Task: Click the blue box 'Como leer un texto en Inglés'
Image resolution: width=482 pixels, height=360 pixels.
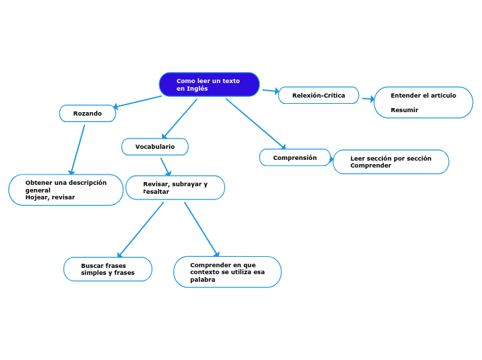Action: [x=209, y=84]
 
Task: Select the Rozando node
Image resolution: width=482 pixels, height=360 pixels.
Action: [x=88, y=114]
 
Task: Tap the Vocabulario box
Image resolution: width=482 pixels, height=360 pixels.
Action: [x=155, y=147]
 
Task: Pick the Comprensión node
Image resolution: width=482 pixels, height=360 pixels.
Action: [x=295, y=158]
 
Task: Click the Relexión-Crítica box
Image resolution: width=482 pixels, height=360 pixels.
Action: [x=319, y=96]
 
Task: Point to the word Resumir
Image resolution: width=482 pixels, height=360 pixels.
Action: [x=404, y=110]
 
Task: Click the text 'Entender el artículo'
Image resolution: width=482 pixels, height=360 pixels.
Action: [x=423, y=96]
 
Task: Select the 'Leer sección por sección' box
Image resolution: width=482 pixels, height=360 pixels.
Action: [x=391, y=162]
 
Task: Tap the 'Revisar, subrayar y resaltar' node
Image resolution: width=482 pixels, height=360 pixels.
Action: [x=175, y=188]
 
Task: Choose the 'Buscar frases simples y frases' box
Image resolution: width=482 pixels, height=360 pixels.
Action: [x=107, y=269]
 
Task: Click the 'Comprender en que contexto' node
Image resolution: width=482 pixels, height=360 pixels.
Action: [x=227, y=272]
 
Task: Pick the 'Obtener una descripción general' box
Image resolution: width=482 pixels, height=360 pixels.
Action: [x=66, y=190]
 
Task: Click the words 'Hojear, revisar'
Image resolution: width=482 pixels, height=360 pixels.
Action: [x=50, y=197]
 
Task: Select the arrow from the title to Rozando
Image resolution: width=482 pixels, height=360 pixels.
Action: [x=137, y=102]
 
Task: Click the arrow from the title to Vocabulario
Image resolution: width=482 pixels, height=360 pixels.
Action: [x=179, y=118]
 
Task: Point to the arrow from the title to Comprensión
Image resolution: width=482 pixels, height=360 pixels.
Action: [x=256, y=124]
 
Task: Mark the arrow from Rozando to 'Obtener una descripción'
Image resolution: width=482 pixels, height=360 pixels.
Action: [x=78, y=150]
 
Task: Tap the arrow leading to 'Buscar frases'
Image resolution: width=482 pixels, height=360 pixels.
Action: [x=141, y=230]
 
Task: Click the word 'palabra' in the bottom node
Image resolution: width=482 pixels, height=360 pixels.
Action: [x=203, y=280]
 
